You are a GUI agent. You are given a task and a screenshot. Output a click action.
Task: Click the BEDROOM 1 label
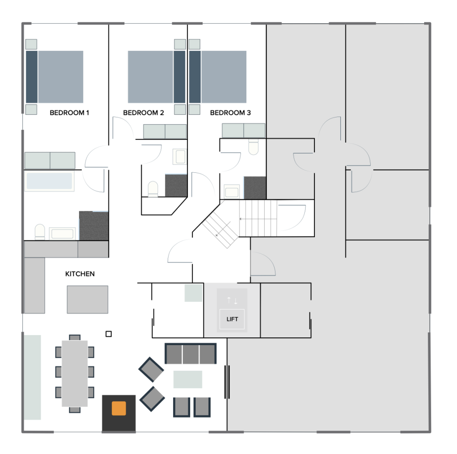(x=69, y=112)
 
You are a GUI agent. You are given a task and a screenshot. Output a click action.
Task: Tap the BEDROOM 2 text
(x=143, y=112)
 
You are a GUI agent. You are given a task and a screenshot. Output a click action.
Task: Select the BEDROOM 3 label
(x=230, y=112)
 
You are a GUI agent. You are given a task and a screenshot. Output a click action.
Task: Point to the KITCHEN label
(x=80, y=274)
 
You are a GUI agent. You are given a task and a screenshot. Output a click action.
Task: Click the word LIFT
(x=232, y=319)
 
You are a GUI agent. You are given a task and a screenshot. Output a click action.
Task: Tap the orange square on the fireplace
(x=119, y=408)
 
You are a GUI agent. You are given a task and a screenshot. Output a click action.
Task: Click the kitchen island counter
(x=87, y=299)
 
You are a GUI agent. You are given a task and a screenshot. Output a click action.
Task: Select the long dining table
(x=74, y=373)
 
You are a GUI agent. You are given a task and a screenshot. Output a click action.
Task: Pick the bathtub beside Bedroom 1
(x=49, y=181)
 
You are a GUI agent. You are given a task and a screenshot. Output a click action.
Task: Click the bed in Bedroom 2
(x=156, y=77)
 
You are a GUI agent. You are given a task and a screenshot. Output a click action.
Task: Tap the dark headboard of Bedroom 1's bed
(x=32, y=77)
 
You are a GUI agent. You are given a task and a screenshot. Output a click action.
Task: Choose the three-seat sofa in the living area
(x=191, y=353)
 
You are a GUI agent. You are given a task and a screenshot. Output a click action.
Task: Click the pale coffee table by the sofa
(x=188, y=379)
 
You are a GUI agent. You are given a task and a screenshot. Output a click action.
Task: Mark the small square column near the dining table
(x=108, y=334)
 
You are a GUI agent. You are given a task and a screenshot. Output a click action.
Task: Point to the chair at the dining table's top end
(x=74, y=338)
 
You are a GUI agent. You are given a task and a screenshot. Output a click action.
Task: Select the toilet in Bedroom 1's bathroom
(x=40, y=231)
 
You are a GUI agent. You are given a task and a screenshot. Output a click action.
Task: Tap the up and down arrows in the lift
(x=232, y=300)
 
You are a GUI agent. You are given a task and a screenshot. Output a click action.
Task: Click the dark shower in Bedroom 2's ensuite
(x=176, y=186)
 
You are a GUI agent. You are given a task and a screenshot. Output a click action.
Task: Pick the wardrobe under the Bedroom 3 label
(x=244, y=130)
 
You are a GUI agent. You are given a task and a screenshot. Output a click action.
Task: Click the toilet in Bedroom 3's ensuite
(x=254, y=147)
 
